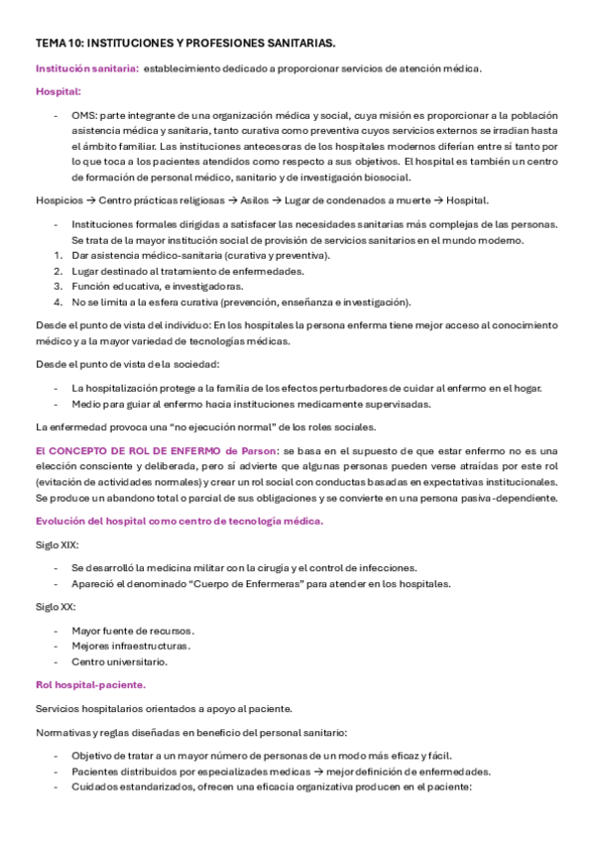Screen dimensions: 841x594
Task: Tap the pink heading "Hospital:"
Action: (x=59, y=91)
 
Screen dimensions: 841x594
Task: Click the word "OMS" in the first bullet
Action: (x=83, y=115)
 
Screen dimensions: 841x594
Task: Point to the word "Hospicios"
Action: (x=59, y=198)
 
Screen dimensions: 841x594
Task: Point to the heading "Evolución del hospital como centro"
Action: (x=178, y=521)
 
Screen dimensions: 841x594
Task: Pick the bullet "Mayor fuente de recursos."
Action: (x=132, y=631)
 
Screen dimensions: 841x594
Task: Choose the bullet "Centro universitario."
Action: (x=119, y=661)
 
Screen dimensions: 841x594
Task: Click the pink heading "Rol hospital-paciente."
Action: (x=90, y=685)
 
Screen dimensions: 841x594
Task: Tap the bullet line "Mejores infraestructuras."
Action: (x=130, y=646)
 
